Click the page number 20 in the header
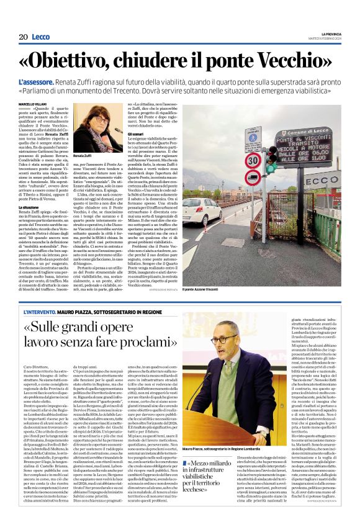coord(22,37)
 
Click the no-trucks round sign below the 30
coord(253,179)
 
